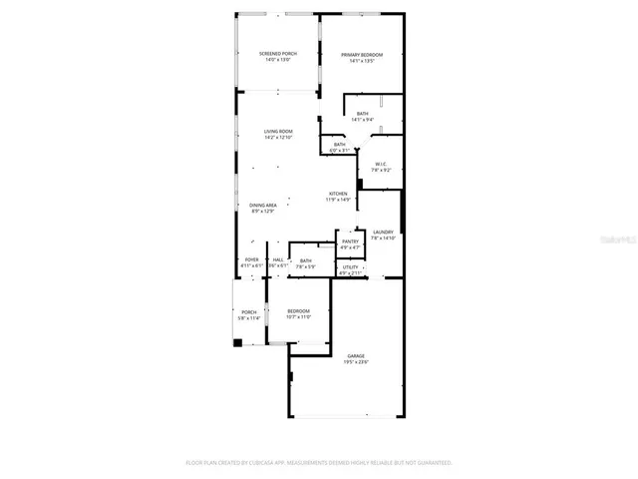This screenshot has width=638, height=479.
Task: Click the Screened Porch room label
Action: [x=278, y=53]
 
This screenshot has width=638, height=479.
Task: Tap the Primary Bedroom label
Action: [x=362, y=55]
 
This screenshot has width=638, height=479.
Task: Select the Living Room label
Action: [x=278, y=132]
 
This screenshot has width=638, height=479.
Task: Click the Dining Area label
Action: [x=263, y=206]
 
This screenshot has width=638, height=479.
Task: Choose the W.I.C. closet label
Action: [x=381, y=164]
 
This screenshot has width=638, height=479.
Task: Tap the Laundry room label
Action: [x=384, y=233]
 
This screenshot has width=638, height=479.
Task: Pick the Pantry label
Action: [x=350, y=241]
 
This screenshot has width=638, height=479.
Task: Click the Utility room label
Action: [x=350, y=266]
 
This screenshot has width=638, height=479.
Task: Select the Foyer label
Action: [x=251, y=260]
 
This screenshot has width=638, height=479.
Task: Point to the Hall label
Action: [x=277, y=260]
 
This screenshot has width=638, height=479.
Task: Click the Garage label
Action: [x=356, y=356]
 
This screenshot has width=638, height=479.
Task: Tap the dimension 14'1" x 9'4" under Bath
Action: [x=363, y=120]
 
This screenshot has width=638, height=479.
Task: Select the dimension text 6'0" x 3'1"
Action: [x=340, y=151]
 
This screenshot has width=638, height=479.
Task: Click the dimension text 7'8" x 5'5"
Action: [x=305, y=266]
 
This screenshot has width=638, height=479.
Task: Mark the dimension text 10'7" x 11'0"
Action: [x=299, y=317]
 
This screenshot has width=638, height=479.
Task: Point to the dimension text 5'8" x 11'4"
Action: [x=249, y=317]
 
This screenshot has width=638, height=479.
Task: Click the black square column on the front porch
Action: [x=237, y=343]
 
